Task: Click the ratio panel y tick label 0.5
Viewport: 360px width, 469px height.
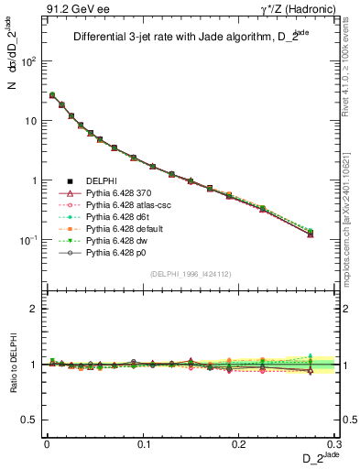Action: pos(33,420)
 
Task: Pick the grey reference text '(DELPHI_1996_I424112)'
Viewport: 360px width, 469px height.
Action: pos(184,273)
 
